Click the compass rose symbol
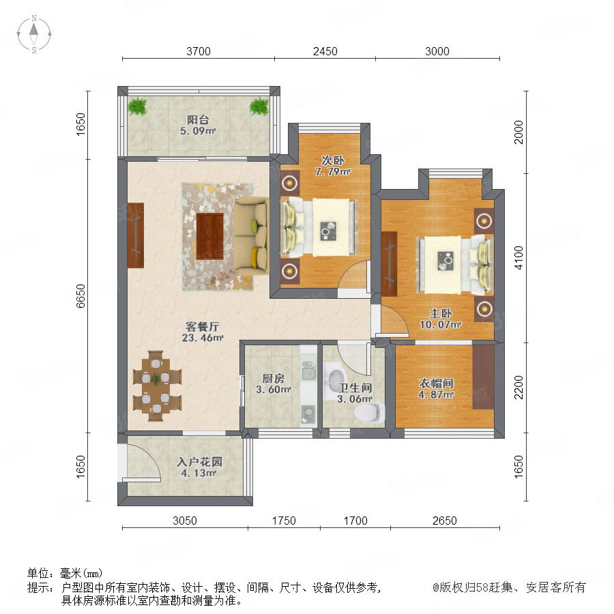click(34, 34)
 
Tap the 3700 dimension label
click(198, 51)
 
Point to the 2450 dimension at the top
click(325, 51)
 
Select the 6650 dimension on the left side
click(81, 296)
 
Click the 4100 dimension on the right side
click(518, 258)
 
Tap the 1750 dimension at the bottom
click(284, 521)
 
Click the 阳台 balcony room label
click(198, 120)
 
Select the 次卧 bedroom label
click(333, 160)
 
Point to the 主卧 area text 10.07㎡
click(441, 325)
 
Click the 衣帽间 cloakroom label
click(436, 383)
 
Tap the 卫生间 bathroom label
click(355, 388)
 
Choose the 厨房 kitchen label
click(274, 378)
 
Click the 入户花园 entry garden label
click(199, 462)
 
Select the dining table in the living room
click(157, 386)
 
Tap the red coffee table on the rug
click(210, 236)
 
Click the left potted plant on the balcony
click(137, 106)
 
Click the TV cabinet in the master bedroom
click(390, 263)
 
